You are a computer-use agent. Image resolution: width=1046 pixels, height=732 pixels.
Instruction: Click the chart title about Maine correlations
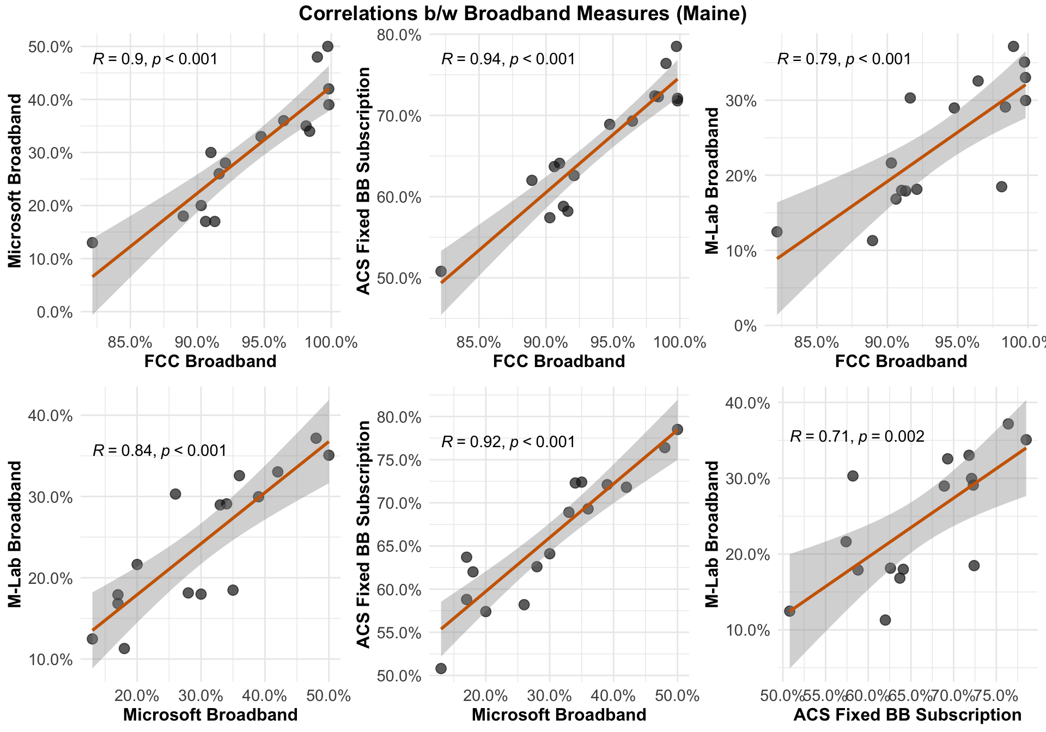(522, 14)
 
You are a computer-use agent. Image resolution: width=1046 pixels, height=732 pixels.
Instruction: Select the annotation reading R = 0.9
(155, 59)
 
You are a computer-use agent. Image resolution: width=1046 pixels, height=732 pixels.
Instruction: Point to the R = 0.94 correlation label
(508, 59)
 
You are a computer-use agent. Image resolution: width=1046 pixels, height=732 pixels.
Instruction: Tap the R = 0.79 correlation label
(844, 59)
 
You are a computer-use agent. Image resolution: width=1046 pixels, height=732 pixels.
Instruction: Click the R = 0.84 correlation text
(160, 450)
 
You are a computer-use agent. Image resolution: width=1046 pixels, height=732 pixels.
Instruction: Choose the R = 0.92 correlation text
(508, 442)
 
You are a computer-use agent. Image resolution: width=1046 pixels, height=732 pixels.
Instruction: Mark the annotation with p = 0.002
(857, 436)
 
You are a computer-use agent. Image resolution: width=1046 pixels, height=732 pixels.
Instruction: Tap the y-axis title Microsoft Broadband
(15, 180)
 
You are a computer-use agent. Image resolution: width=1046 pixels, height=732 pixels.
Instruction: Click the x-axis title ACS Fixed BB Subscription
(907, 715)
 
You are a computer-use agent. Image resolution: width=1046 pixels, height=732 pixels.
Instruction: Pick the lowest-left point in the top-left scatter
(92, 242)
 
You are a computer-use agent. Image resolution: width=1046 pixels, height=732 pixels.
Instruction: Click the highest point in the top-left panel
(327, 46)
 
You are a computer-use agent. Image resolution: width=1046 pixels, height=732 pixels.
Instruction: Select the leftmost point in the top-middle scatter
(441, 271)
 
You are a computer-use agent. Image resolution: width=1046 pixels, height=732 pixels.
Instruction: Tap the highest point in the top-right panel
(1013, 46)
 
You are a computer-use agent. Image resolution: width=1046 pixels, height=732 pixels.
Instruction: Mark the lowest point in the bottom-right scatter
(885, 620)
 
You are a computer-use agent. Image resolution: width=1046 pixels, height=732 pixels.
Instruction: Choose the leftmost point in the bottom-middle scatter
(441, 668)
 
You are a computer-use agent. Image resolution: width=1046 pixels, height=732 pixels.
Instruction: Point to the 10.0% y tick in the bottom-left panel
(51, 660)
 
